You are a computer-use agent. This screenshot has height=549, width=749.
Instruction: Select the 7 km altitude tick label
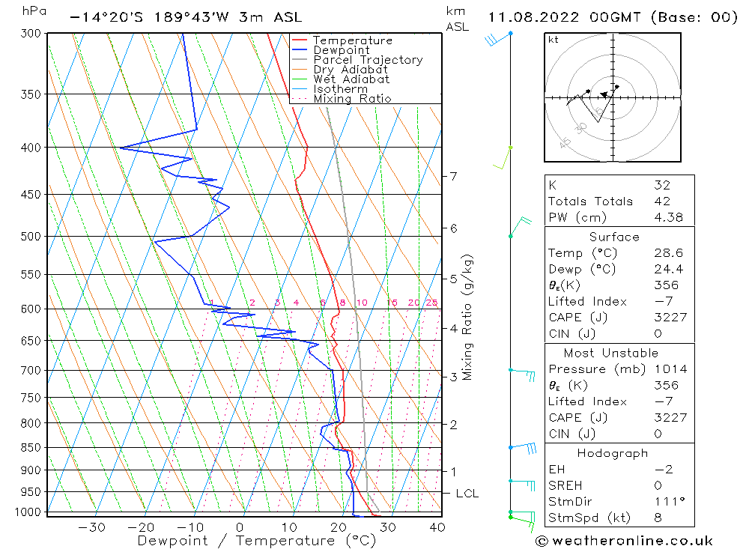tap(453, 176)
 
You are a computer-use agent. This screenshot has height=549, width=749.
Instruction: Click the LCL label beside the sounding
tap(467, 494)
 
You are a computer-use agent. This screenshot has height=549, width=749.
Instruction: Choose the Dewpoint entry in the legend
tap(342, 50)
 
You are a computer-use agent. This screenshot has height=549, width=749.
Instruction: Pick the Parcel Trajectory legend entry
tap(368, 60)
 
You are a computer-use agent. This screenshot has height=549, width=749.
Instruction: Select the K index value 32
tap(661, 185)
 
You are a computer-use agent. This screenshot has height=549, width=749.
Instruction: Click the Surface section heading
tap(614, 237)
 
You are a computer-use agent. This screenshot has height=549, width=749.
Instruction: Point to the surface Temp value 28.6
tap(668, 253)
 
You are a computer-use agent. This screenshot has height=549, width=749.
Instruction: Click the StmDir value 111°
tap(665, 502)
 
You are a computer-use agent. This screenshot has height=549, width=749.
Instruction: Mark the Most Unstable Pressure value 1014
tap(667, 369)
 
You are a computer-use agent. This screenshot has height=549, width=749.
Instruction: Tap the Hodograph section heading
tap(613, 453)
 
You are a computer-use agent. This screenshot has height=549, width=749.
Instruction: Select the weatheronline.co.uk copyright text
tap(624, 541)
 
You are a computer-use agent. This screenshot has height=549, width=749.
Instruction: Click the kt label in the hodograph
tap(554, 40)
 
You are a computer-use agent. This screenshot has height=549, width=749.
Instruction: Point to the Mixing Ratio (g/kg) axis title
tap(467, 317)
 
